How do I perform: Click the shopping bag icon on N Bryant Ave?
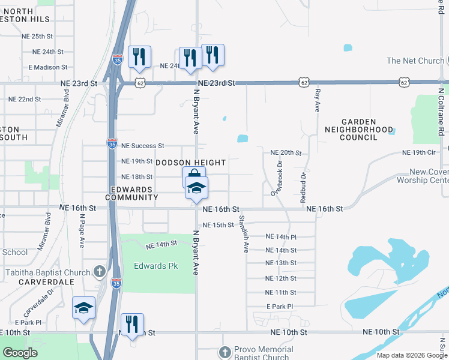pos(193,176)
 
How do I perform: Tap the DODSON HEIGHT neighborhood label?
pos(191,163)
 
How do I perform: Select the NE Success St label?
pos(142,146)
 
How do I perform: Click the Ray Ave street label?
pos(318,100)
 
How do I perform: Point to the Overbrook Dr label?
pos(276,178)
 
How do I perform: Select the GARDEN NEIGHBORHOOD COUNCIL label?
pos(359,129)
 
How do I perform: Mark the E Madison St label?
pos(52,67)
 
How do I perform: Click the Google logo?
pos(20,353)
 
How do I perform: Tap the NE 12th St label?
pos(280,278)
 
